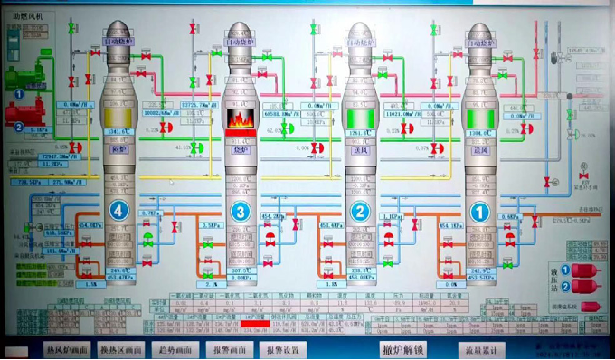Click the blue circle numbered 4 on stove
coord(118,212)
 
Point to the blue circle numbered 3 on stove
coord(240,213)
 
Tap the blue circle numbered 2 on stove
coord(360,213)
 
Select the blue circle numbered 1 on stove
coord(479,213)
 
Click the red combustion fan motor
coord(25,112)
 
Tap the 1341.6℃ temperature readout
coord(118,133)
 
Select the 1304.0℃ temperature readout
coord(480,133)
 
